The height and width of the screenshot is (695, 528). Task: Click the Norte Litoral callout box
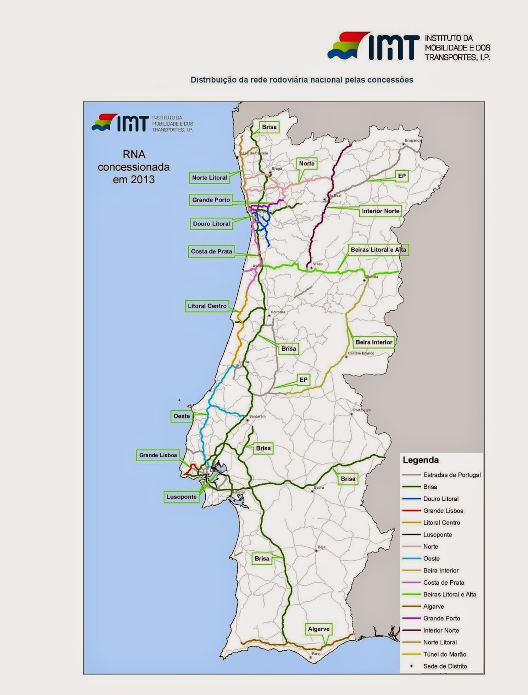[210, 178]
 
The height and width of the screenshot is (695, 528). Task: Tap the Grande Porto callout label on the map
[211, 200]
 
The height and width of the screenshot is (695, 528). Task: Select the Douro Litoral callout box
[211, 224]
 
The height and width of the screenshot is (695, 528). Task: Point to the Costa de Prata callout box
[211, 252]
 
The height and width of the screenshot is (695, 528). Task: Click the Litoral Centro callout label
[207, 306]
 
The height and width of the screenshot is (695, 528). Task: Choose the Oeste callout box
[182, 416]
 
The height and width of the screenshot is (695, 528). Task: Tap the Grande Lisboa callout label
[158, 455]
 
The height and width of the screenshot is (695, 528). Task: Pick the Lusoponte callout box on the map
[181, 497]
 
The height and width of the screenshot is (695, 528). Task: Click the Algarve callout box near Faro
[319, 629]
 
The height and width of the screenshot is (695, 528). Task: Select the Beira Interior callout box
[374, 342]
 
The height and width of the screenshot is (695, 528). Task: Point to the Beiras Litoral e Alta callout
[378, 250]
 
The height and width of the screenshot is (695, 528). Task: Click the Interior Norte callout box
[380, 211]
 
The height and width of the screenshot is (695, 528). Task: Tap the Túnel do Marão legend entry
[445, 654]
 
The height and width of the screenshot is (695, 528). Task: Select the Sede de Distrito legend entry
[445, 666]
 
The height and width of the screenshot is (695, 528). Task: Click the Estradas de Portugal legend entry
[452, 475]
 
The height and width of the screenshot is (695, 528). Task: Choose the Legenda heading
[420, 460]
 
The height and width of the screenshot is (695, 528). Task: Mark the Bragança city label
[413, 141]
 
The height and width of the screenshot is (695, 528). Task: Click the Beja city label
[321, 547]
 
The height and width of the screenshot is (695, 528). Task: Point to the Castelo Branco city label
[361, 354]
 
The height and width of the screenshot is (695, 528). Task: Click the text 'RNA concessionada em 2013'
[134, 167]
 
